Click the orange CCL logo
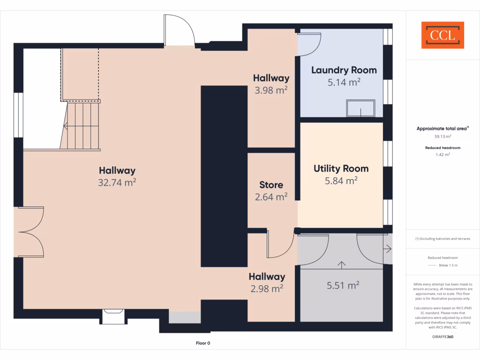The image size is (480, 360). (442, 35)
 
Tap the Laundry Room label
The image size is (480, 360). (344, 70)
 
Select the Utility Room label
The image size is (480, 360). (341, 169)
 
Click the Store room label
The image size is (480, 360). (271, 185)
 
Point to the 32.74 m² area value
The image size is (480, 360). (117, 183)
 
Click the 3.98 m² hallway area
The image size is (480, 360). (271, 90)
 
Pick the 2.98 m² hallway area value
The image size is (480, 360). (267, 289)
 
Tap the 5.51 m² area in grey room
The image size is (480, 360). (343, 285)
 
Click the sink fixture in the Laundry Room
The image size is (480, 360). (360, 108)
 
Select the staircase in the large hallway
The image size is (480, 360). (81, 126)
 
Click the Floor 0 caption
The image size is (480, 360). (203, 343)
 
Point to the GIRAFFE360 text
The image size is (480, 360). (442, 336)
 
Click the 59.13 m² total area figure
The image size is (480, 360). (442, 137)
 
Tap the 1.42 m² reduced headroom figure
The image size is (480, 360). (442, 154)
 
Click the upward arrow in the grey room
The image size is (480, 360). (341, 265)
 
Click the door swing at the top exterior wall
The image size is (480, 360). (179, 30)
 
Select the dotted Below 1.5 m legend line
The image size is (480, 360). (432, 266)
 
